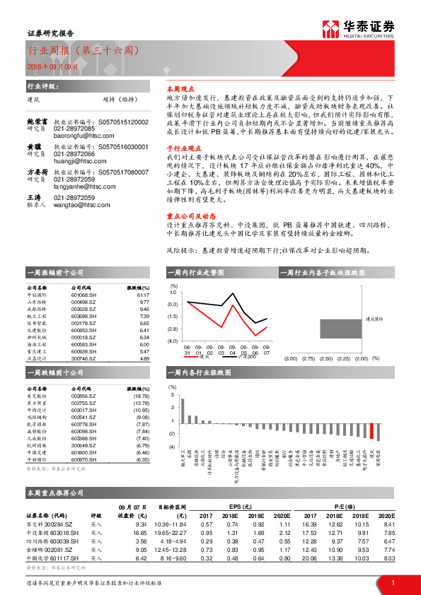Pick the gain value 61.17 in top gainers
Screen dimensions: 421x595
tap(144, 296)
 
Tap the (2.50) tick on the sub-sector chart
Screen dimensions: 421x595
tap(325, 359)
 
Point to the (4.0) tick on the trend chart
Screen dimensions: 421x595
tap(173, 341)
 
